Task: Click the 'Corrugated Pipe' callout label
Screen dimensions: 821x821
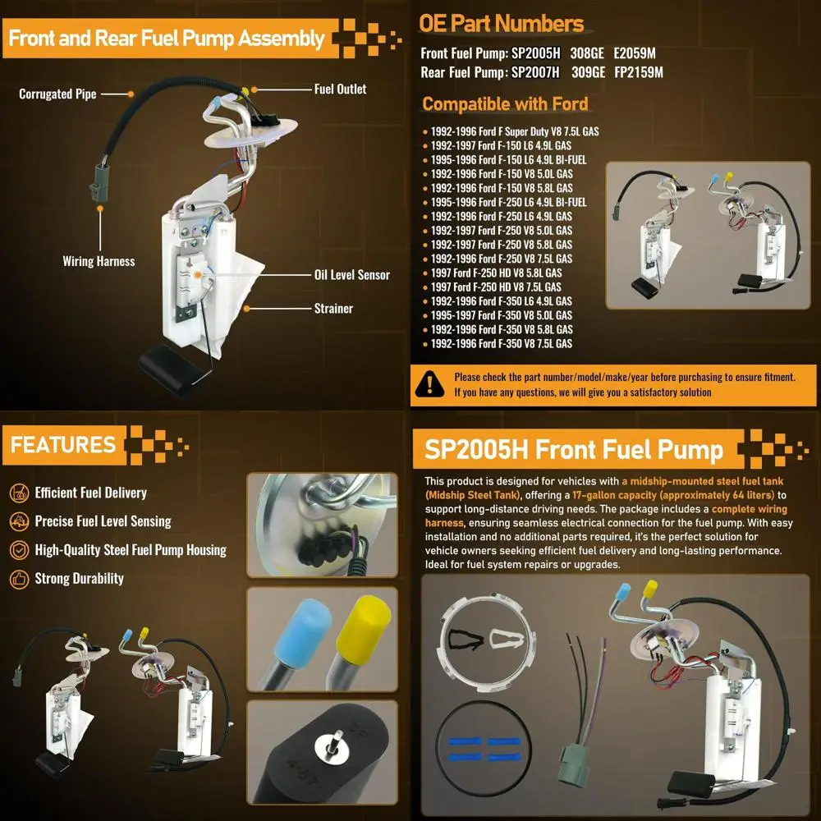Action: [57, 94]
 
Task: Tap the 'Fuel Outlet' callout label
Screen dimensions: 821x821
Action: [340, 89]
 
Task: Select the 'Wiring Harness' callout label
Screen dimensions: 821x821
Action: [99, 261]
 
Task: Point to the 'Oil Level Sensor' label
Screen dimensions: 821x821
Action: [351, 275]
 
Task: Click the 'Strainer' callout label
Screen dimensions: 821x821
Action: [333, 309]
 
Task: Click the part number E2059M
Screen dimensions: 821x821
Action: [635, 53]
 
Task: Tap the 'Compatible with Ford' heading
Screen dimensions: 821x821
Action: [505, 104]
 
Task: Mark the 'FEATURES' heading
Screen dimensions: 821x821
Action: [63, 445]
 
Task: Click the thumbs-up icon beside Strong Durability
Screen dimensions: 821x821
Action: [19, 579]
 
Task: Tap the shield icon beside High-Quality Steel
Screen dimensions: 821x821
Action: [19, 550]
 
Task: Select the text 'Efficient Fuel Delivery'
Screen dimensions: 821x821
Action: [90, 493]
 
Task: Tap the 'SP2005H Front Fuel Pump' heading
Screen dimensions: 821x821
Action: [573, 450]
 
